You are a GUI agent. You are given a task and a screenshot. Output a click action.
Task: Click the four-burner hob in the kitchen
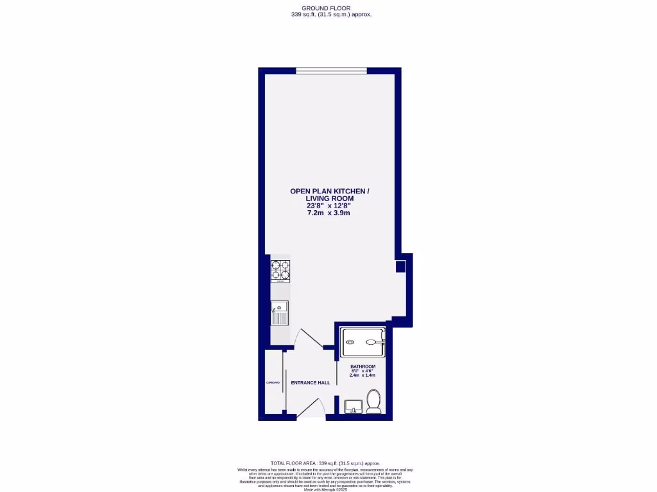coord(280,270)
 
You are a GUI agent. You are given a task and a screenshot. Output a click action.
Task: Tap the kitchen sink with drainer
coord(279,315)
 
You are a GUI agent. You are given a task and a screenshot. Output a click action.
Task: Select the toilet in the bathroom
coord(373,401)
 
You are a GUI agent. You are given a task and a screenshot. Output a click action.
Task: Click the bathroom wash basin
coord(352,406)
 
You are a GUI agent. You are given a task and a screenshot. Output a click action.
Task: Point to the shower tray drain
coord(350,342)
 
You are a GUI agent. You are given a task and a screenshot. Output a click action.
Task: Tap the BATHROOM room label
coord(363,366)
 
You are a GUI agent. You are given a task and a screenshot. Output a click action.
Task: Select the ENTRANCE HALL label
coord(311,382)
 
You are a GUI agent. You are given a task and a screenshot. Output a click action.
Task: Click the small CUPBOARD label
coord(273,382)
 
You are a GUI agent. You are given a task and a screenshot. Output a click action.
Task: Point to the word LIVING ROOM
coord(330,199)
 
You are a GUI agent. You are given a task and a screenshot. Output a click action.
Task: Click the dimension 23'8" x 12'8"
coord(328,206)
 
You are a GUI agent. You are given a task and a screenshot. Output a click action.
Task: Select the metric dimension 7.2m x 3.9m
coord(328,213)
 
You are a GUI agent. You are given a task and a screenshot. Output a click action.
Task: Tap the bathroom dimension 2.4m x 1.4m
coord(363,375)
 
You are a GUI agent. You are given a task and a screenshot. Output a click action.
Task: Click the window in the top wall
coord(331,70)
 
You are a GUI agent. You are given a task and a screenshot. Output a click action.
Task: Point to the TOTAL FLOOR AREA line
coord(325,463)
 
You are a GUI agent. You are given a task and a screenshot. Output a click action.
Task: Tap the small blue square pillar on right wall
coord(400,266)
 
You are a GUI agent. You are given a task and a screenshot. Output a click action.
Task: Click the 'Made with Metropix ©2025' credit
coord(325,489)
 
